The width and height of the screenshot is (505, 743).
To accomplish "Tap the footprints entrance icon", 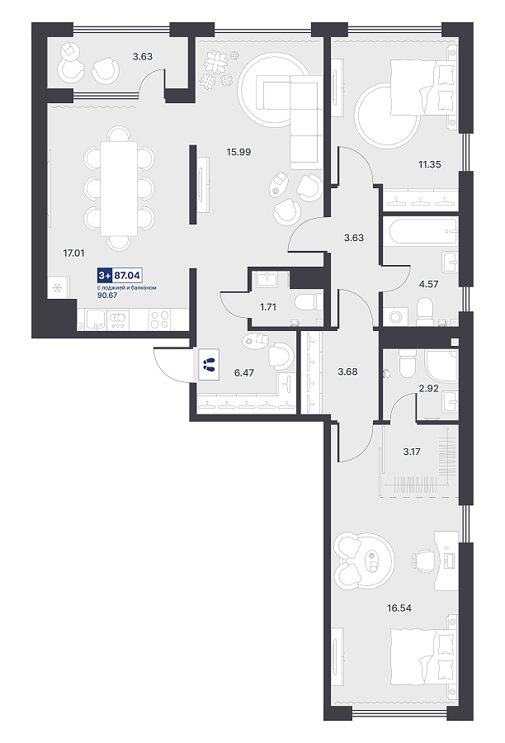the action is (x=209, y=364).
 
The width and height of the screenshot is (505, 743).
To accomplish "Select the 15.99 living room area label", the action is (x=238, y=152).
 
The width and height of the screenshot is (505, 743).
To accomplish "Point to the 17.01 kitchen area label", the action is (x=73, y=253).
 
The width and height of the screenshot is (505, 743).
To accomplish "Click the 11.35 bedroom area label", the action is (x=429, y=164).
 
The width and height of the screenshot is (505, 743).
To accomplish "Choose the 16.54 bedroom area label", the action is (x=399, y=608).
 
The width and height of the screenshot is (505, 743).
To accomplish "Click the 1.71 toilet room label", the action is (x=267, y=307).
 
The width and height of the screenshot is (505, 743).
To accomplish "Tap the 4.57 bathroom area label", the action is (x=428, y=284).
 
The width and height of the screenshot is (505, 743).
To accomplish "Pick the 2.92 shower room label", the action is (x=428, y=388).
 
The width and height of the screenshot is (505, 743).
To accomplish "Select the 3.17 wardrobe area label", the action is (x=411, y=452).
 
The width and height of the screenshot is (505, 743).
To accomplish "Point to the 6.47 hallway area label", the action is (x=244, y=372).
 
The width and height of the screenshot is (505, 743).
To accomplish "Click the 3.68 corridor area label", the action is (x=347, y=371).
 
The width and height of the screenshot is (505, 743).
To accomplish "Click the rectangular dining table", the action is (x=119, y=188).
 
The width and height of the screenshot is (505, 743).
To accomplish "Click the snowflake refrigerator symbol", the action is (x=57, y=286).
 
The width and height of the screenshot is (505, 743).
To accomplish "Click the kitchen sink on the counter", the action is (x=94, y=319).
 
